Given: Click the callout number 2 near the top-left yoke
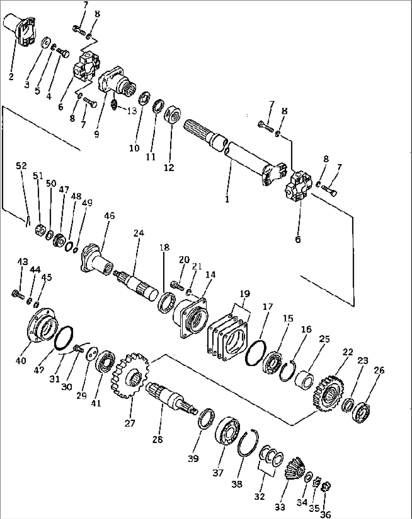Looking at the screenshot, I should (x=11, y=77).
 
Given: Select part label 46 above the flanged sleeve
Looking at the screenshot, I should (x=109, y=216).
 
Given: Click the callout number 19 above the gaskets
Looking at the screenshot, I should (x=245, y=294).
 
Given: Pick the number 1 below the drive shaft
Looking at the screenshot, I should (x=227, y=199).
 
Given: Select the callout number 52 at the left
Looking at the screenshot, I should (x=22, y=165).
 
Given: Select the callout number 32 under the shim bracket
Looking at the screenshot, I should (x=259, y=497).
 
